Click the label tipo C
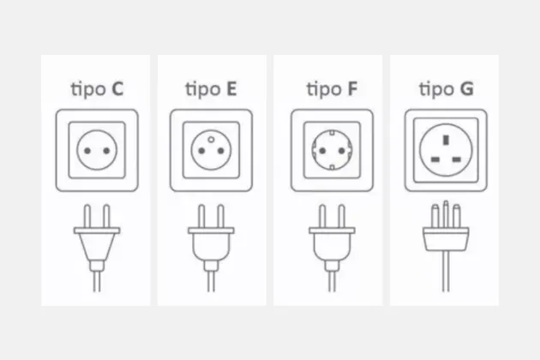click(95, 88)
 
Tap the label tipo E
click(211, 88)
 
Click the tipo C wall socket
click(95, 152)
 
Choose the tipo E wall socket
click(211, 152)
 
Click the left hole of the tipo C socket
click(86, 152)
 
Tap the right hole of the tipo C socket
click(105, 152)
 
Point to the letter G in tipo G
click(467, 88)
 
